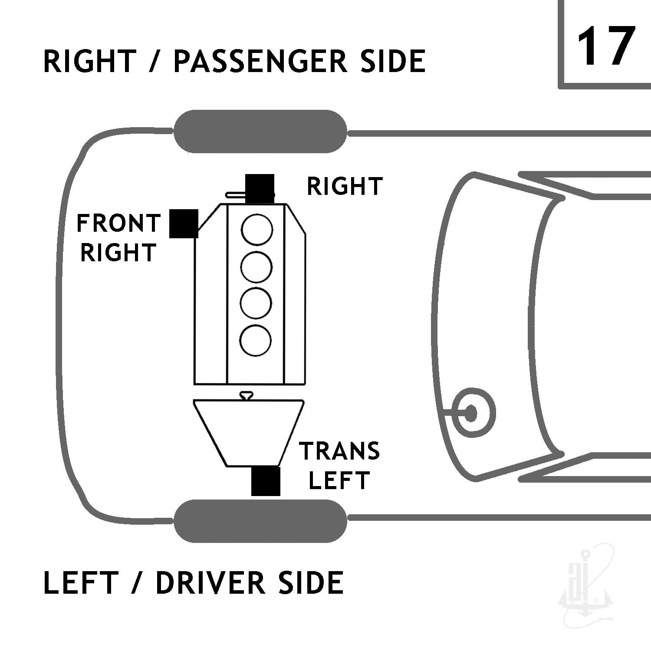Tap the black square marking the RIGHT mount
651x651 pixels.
click(x=260, y=189)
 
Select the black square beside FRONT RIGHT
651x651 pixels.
click(x=184, y=224)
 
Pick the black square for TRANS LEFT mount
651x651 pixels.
click(x=266, y=481)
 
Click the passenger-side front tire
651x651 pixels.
click(x=260, y=132)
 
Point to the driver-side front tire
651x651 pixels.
click(x=260, y=521)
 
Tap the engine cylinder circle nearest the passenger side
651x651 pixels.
click(x=257, y=230)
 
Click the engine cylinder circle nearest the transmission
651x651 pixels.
click(x=256, y=340)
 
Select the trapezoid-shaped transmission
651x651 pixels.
click(x=249, y=433)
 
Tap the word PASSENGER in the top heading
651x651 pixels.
click(x=260, y=61)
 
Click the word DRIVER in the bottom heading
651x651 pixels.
click(x=210, y=582)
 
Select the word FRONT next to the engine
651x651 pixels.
click(x=118, y=224)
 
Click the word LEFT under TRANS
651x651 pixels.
click(x=339, y=480)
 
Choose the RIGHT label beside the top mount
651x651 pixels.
click(x=345, y=186)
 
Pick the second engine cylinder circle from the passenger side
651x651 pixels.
click(x=256, y=266)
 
